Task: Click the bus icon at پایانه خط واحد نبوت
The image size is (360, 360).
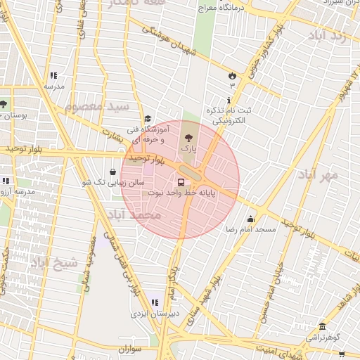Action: coord(181,183)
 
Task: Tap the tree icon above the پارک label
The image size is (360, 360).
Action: coord(188,138)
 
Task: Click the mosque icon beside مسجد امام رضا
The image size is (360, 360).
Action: coord(251,219)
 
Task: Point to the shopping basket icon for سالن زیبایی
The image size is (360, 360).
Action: coord(113,172)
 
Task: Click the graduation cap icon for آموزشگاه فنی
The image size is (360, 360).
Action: coord(148,119)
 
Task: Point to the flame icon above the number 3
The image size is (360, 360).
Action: coord(232,75)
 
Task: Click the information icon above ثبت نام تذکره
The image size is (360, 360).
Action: coord(228,101)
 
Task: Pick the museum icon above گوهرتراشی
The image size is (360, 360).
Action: coord(322,326)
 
